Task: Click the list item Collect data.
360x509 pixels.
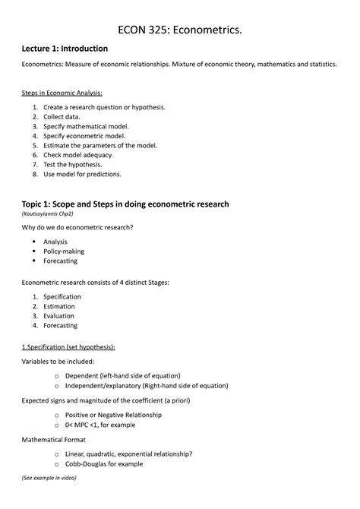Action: point(67,117)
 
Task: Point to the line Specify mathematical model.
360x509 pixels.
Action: point(86,127)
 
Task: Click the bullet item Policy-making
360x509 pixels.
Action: point(64,251)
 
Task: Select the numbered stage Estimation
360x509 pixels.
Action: point(61,306)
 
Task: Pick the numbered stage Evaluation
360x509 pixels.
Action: point(61,316)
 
